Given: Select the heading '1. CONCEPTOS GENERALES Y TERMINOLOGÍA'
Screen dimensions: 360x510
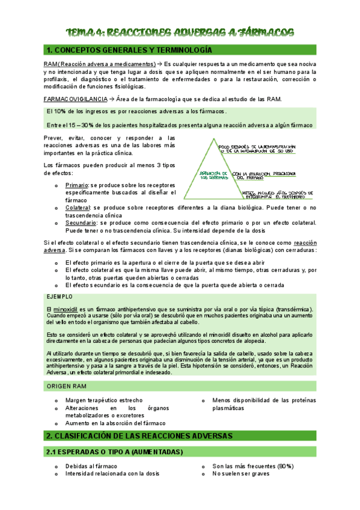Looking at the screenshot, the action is pyautogui.click(x=129, y=51).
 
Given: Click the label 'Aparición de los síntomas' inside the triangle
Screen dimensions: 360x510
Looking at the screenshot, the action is pyautogui.click(x=213, y=175).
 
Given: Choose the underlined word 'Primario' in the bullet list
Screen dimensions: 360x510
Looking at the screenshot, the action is pyautogui.click(x=77, y=185).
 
